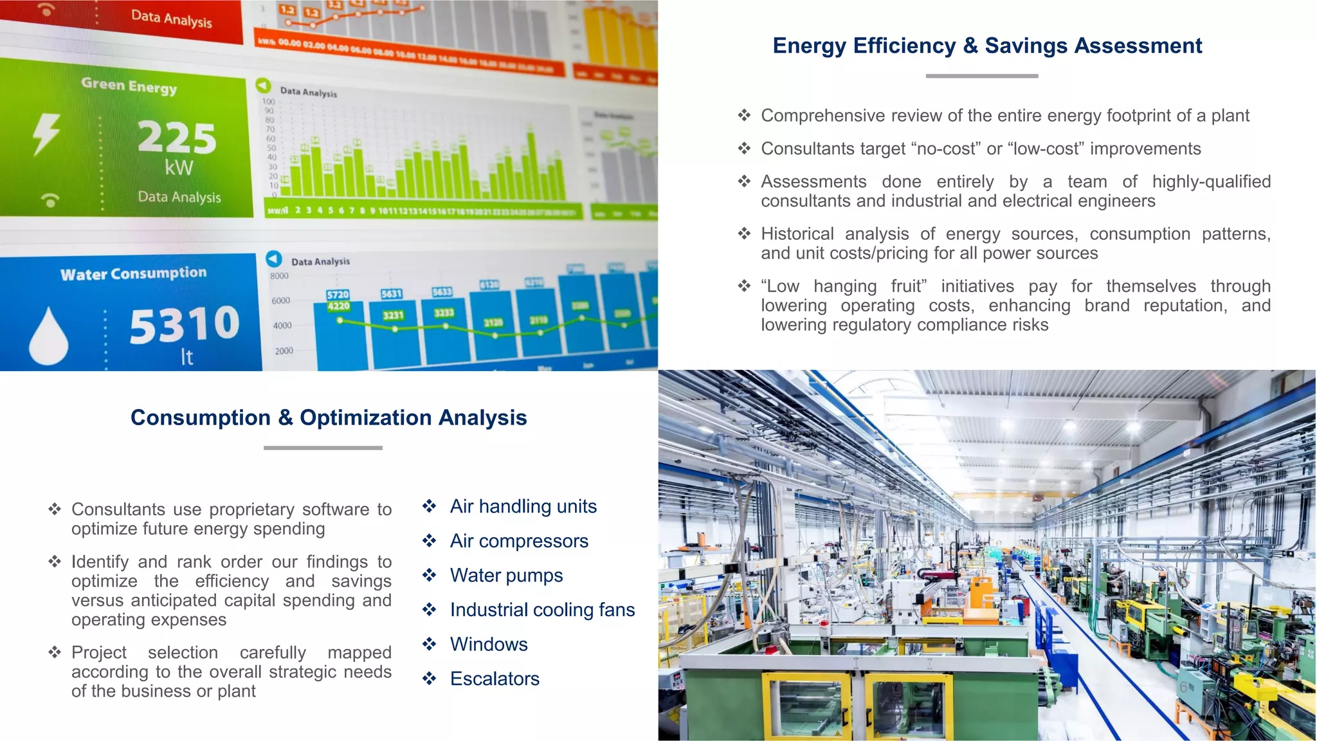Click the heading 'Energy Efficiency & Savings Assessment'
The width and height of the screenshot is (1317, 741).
(x=987, y=46)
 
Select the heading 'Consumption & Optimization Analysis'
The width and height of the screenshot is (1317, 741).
(x=329, y=417)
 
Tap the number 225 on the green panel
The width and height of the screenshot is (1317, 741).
(x=177, y=137)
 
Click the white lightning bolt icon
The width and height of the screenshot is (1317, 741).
(x=46, y=134)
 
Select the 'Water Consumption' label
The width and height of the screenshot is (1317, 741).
(x=134, y=274)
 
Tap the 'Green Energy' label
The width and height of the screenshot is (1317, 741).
(x=129, y=86)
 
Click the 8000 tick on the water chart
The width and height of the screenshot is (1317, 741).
(x=279, y=276)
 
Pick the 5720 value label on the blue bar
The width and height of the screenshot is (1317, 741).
(x=338, y=295)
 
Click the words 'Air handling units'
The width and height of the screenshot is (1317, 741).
(x=523, y=507)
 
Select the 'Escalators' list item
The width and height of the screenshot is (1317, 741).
(x=495, y=679)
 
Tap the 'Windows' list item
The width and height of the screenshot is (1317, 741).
(x=489, y=645)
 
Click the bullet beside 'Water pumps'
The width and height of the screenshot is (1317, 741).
(x=430, y=575)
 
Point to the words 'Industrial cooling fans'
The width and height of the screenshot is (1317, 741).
(x=542, y=610)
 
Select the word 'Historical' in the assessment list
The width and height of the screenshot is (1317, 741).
(x=797, y=234)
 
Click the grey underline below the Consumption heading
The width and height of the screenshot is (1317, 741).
(x=323, y=448)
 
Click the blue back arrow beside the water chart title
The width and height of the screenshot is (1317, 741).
(x=274, y=259)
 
